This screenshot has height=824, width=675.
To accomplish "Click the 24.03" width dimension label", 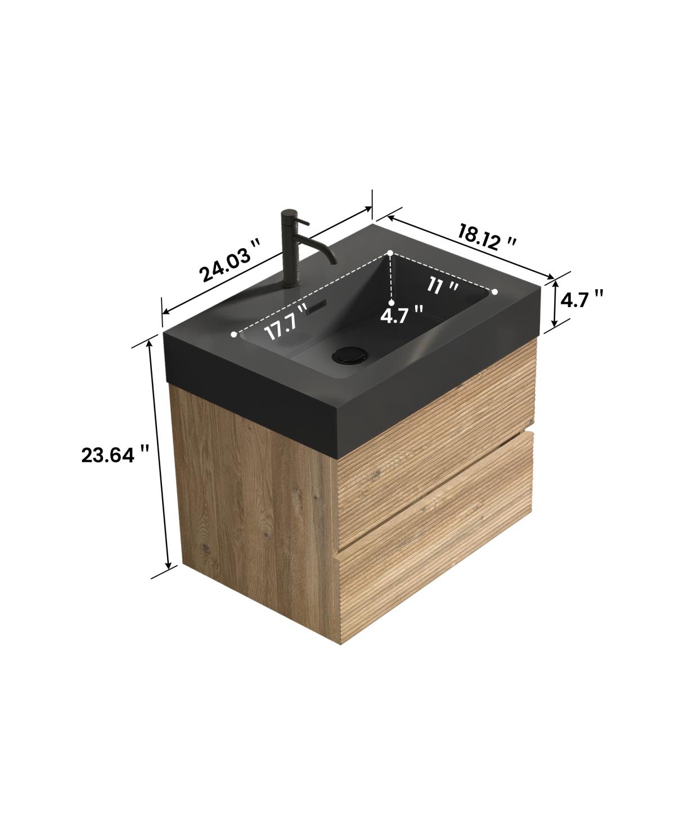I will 231,260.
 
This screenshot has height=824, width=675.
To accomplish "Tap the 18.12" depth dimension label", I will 487,236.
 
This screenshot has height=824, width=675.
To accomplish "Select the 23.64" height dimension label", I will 115,454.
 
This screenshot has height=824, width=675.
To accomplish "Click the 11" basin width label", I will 443,286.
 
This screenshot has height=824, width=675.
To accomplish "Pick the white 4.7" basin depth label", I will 402,314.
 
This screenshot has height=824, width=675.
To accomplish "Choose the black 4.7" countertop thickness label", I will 583,299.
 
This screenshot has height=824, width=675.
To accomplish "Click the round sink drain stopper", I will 350,355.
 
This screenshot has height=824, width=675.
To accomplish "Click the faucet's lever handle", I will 301,221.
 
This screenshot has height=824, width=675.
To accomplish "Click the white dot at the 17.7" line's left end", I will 234,335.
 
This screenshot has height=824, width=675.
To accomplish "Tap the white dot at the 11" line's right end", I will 495,292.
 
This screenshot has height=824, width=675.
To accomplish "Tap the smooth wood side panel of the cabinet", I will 253,495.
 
